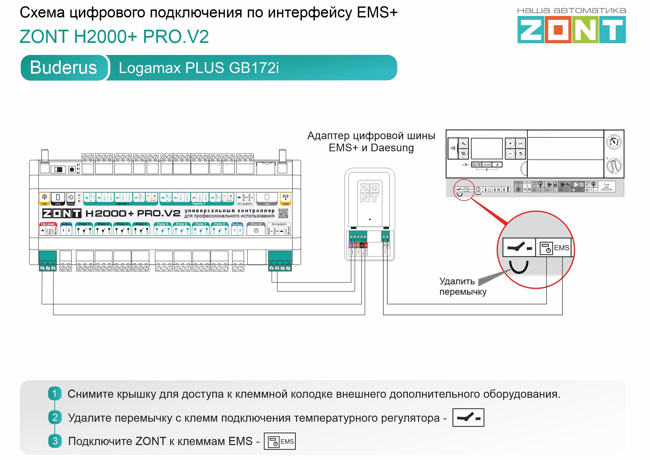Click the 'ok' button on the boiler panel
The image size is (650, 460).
[520, 143]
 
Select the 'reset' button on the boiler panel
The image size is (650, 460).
[487, 165]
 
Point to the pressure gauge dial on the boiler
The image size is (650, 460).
[613, 142]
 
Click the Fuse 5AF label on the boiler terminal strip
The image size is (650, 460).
[606, 186]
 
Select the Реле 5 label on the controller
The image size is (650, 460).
[162, 224]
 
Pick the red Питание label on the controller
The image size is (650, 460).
[48, 224]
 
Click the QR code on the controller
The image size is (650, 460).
[283, 213]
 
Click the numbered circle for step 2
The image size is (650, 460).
[55, 417]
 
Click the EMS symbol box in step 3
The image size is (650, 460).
[280, 441]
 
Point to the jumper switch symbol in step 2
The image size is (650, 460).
[468, 417]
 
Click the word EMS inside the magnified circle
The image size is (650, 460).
[561, 248]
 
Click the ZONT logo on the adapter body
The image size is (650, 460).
[369, 193]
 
